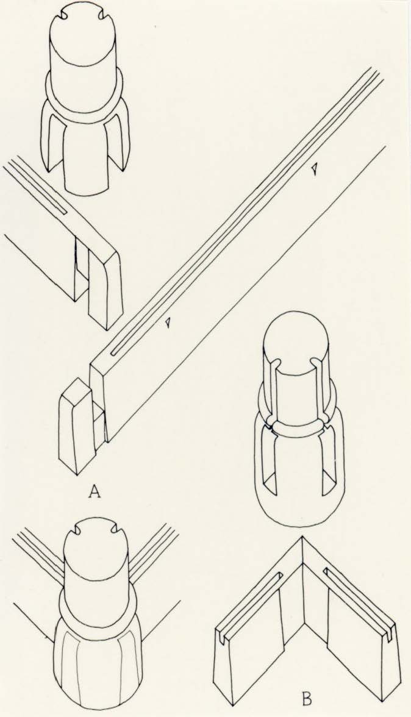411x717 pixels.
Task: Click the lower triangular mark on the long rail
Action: point(168,323)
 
